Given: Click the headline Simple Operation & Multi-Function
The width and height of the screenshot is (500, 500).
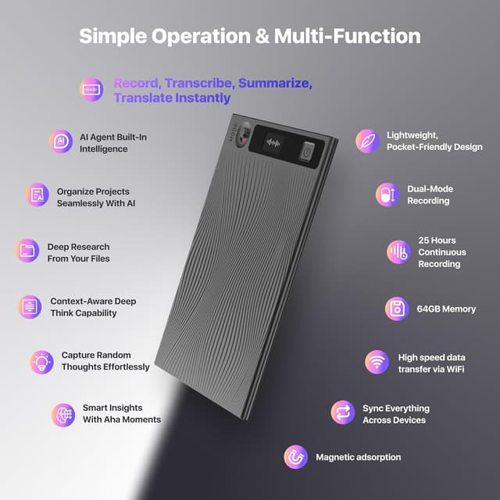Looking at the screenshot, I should pos(250,36).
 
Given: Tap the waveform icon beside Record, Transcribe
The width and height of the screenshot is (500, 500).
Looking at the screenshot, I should pos(91,90).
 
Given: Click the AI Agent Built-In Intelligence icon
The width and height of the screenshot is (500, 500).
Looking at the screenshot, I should pos(60,142).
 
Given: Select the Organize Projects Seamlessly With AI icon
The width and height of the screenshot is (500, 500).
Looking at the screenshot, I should pos(37,195).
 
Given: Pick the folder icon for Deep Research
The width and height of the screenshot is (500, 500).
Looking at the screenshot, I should pos(27,251).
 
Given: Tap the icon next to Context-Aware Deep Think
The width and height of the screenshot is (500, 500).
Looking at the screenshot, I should pos(30,306).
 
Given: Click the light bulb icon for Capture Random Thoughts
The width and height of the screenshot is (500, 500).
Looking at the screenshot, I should pos(41,361).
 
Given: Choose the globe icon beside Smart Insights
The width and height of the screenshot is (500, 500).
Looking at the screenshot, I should pos(62,413).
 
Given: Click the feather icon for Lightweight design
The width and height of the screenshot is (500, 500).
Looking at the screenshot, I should pos(366,141).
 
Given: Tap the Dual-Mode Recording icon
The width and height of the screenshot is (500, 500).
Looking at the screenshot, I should pos(387,195).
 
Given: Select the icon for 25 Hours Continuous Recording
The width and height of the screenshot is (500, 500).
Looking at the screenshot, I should pos(398,252).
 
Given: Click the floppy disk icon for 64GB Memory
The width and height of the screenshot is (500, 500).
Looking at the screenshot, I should pos(397,309).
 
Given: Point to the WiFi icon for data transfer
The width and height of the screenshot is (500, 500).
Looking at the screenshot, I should pos(377,362).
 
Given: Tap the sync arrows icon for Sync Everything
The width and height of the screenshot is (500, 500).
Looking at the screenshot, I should pos(342,412).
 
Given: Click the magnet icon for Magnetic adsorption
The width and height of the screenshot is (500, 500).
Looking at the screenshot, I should pos(295,456).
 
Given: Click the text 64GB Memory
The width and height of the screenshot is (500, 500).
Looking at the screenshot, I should pos(446,309).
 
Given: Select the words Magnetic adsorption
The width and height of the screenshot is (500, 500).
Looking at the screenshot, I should pos(358,457).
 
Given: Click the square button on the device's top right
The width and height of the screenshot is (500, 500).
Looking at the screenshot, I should pos(307,150).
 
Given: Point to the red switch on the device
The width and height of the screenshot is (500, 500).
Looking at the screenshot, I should pos(242,136).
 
